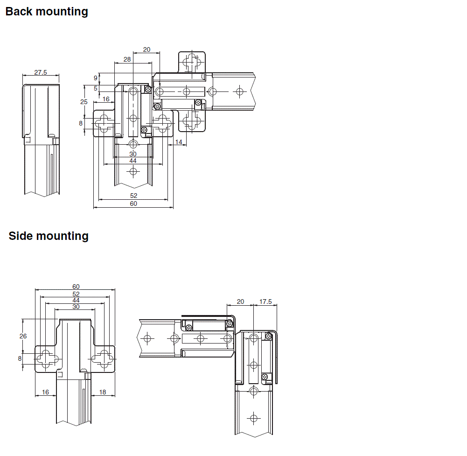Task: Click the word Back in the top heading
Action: pos(19,12)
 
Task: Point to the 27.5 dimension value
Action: pos(41,72)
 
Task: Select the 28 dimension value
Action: pos(127,59)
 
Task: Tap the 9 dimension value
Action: pos(96,77)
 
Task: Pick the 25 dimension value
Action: pos(84,102)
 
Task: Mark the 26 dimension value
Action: pos(23,336)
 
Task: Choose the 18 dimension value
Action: pos(103,393)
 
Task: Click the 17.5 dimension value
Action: pos(265,302)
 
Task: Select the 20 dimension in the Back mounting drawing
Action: pos(146,49)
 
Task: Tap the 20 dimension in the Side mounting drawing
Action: pos(240,302)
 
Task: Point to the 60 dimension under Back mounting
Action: pos(133,203)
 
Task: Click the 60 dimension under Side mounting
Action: pos(76,287)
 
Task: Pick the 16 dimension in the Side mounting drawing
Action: pos(45,393)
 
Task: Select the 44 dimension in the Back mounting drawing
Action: pos(133,161)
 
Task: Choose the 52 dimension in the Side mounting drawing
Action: pos(76,294)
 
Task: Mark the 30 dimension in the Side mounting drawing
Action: pos(76,307)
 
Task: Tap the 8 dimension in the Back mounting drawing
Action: pos(81,123)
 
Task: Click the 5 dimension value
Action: pos(96,88)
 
